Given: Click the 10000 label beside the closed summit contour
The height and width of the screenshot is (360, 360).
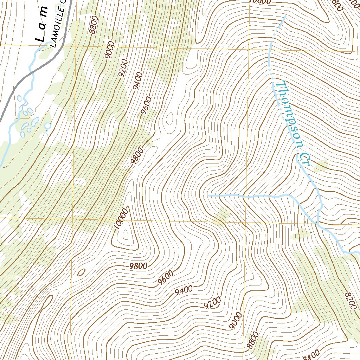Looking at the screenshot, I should coord(120,218).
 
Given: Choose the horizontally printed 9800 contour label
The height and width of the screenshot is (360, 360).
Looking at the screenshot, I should coord(137,266).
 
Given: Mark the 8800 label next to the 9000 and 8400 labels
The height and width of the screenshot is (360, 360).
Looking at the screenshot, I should coord(252,341).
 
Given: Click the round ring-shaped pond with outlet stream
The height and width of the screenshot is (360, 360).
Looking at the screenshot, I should coord(47,126).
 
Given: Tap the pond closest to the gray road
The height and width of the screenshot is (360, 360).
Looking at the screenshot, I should coord(19,99).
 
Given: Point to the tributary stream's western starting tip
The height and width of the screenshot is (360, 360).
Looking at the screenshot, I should coord(209,194).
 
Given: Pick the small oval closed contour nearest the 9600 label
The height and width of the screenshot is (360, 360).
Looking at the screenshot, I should coord(169,119).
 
